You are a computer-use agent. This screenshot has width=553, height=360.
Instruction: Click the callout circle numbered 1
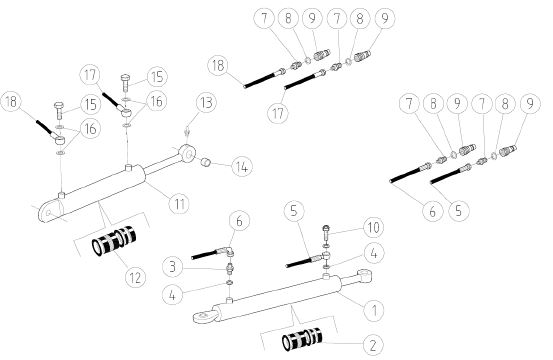374,311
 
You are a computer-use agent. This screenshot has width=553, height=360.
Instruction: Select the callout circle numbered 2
373,344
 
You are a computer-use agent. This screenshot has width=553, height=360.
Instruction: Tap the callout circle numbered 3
172,267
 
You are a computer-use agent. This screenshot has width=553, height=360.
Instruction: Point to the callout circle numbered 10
373,227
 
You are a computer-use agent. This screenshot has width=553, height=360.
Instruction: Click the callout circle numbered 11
179,203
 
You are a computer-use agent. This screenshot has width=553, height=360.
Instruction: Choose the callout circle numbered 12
135,277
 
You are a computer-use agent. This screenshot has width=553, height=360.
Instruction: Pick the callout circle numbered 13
206,103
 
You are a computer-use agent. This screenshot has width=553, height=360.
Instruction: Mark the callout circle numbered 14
242,166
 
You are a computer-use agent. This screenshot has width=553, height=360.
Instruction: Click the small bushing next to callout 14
205,162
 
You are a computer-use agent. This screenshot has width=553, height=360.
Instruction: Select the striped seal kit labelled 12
114,240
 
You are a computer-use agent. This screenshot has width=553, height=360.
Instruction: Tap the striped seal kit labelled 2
302,339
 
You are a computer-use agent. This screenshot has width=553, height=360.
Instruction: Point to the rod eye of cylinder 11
187,153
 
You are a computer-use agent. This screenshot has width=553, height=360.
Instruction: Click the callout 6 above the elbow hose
239,221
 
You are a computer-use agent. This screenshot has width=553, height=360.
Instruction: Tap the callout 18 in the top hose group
218,66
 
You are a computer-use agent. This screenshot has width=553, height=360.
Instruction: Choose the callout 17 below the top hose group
278,114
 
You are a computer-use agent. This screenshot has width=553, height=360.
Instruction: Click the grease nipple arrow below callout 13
187,133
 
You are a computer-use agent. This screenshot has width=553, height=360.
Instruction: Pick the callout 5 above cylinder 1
294,211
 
